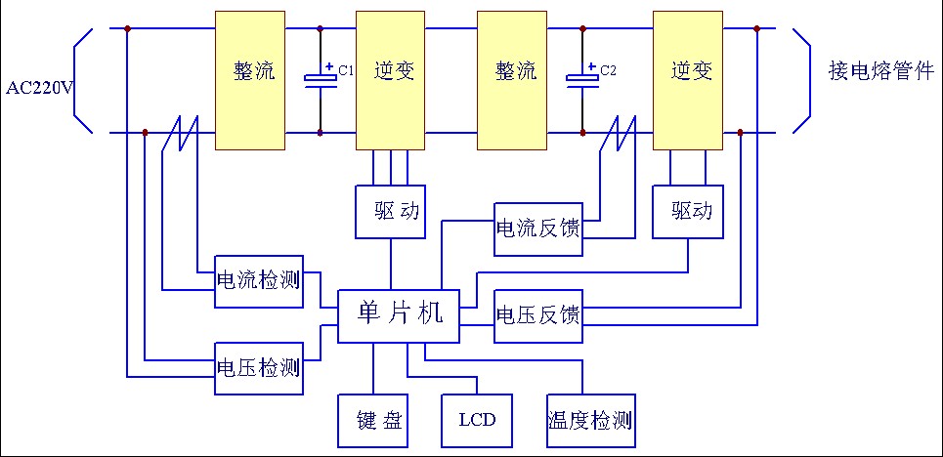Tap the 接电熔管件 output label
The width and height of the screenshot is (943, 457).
tap(880, 71)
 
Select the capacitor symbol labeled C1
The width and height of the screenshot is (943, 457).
tap(320, 79)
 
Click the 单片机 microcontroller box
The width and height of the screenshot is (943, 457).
tap(399, 315)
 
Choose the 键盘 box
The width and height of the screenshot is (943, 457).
tap(372, 421)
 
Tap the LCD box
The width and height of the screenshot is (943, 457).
tap(477, 421)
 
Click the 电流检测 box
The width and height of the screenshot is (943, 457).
tap(258, 281)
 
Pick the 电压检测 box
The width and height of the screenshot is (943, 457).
tap(258, 368)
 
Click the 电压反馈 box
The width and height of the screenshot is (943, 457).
tap(538, 316)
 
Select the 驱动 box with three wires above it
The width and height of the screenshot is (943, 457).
tap(390, 211)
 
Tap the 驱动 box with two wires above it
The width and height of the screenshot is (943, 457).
tap(689, 211)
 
